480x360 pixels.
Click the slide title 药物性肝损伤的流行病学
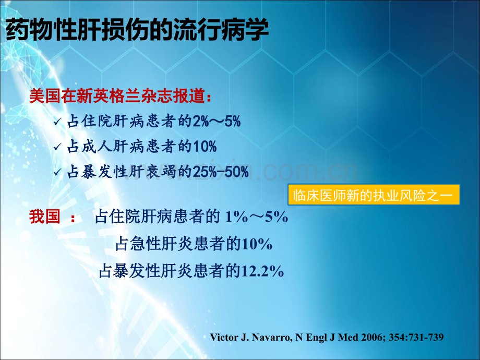137,30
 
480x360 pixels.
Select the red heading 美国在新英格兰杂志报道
117,96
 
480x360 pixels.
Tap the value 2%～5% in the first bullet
217,121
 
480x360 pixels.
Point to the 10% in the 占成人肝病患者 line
205,146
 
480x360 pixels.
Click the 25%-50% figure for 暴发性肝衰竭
221,172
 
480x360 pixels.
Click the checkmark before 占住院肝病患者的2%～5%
58,122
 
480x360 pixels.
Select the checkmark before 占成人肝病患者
58,147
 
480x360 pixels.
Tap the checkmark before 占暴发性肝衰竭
58,172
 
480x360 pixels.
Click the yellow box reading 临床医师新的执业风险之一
374,195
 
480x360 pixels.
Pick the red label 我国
45,217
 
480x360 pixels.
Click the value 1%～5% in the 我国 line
257,217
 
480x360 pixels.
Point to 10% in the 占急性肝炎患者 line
257,244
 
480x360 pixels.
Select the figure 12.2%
262,271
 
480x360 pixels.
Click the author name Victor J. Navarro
250,338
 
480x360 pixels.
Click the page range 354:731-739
416,338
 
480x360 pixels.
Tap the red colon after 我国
73,218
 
